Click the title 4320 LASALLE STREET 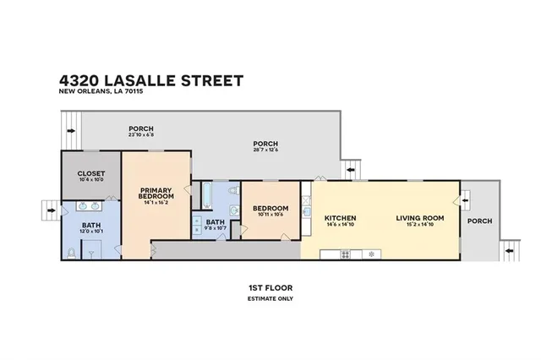click(x=151, y=80)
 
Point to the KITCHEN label click(x=340, y=219)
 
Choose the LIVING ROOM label click(x=420, y=219)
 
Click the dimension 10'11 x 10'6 click(x=270, y=215)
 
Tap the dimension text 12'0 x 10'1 click(x=91, y=232)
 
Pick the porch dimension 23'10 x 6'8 click(x=140, y=134)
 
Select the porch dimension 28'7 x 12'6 click(x=265, y=150)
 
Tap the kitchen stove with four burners click(x=345, y=254)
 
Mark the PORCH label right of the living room click(x=479, y=221)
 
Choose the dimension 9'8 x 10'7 click(x=216, y=228)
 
